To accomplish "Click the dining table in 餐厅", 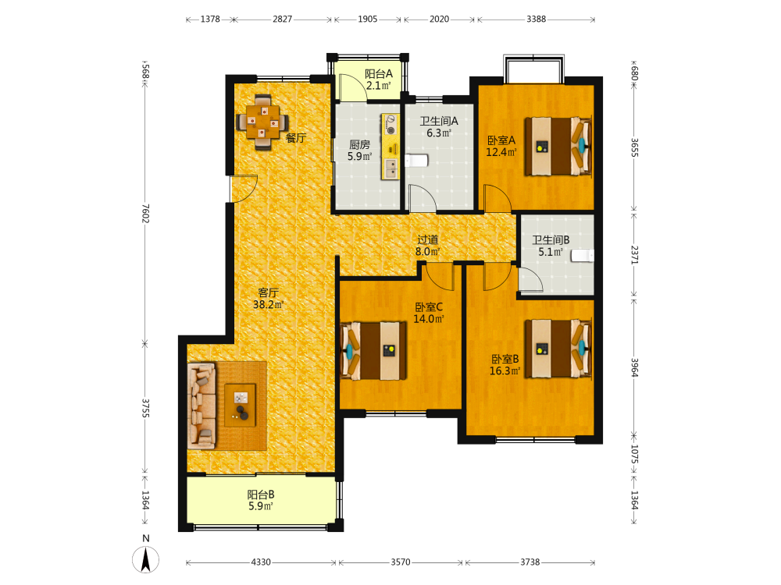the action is point(262,122).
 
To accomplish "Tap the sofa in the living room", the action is point(201,406).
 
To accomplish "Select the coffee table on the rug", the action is point(240,405).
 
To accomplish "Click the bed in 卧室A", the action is point(558,147).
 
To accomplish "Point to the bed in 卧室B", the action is point(558,348).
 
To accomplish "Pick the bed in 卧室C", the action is point(373,351).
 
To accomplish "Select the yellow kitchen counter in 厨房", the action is point(390,147).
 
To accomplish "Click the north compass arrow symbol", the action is point(145,559).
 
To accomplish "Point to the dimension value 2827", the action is point(283,19).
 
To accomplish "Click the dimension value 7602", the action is point(145,213).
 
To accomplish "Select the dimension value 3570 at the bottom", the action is point(401,562).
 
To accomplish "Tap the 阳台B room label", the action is point(261,495).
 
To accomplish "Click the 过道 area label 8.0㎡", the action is point(428,252).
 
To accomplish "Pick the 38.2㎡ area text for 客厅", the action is point(268,304).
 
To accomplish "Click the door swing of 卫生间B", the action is point(530,278).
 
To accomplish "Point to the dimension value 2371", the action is point(634,254).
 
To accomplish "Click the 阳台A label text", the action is point(379,73).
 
